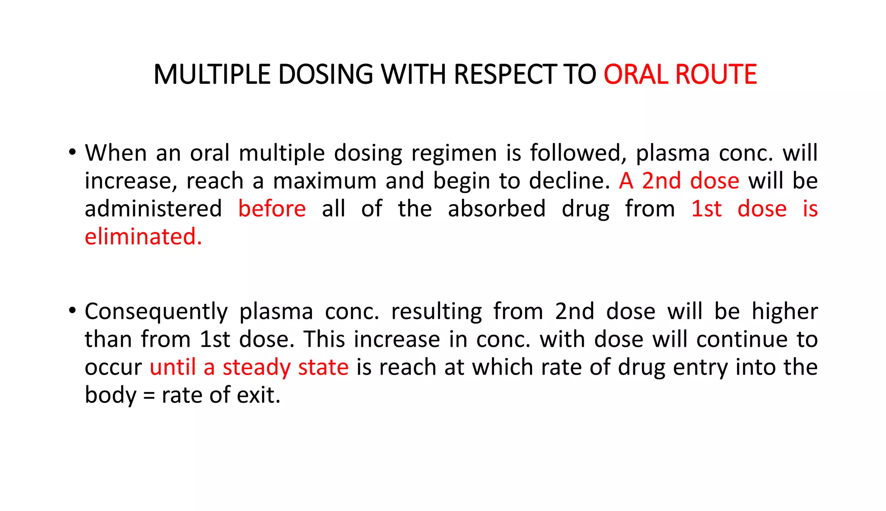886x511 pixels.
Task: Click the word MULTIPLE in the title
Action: click(212, 74)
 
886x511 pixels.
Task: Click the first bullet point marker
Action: click(72, 152)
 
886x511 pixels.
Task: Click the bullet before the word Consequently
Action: click(72, 310)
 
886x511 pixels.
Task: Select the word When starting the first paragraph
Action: click(116, 153)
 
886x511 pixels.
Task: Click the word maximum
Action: click(324, 181)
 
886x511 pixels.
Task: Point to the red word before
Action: click(272, 209)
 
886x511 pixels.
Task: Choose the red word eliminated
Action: click(143, 237)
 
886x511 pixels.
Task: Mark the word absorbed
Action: click(497, 209)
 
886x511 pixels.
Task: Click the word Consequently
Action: click(156, 312)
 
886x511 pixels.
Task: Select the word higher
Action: click(784, 311)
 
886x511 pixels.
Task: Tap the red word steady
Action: click(256, 368)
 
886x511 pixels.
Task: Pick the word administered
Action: click(153, 209)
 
